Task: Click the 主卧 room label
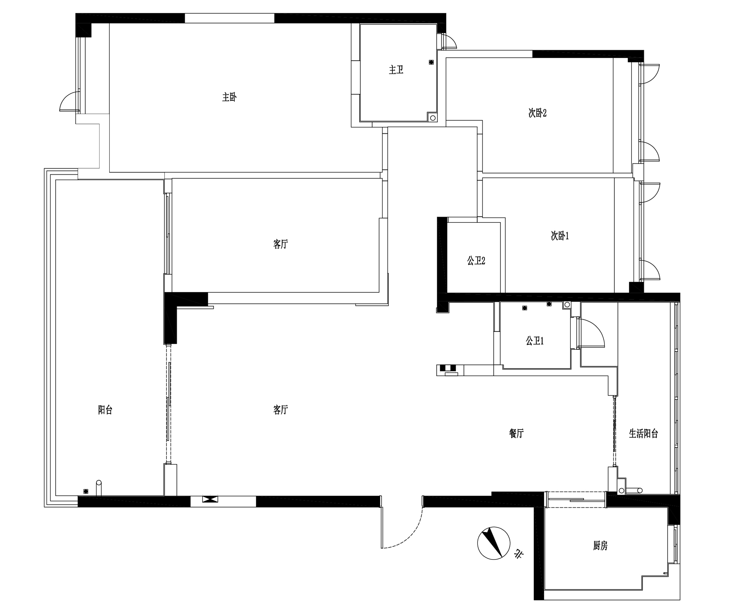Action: (230, 97)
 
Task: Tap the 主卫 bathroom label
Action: (396, 70)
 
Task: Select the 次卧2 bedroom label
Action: (538, 113)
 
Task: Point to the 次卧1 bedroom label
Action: (560, 236)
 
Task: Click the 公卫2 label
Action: (476, 261)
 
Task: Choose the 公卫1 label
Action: (535, 340)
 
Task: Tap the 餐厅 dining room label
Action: (516, 433)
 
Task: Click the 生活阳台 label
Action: (643, 433)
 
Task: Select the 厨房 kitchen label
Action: (600, 546)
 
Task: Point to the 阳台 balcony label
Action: (105, 410)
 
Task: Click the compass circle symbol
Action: (493, 543)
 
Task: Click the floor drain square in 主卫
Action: (431, 62)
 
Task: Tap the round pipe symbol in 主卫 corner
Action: (433, 118)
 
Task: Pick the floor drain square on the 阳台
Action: (86, 491)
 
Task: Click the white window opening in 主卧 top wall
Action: (230, 18)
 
